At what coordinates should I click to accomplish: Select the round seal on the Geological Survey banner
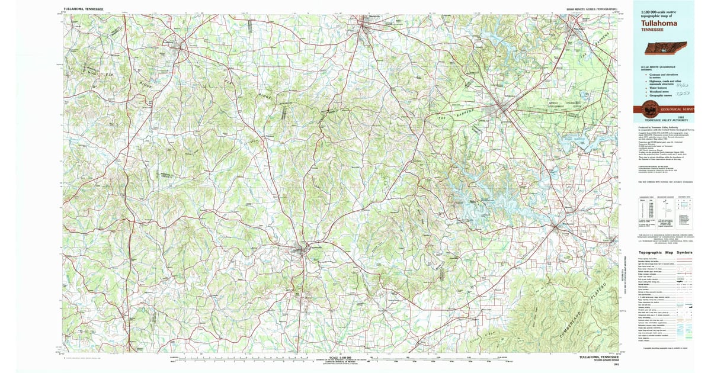(x=651, y=109)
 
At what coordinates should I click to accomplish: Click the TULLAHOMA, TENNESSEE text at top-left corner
(x=83, y=10)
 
